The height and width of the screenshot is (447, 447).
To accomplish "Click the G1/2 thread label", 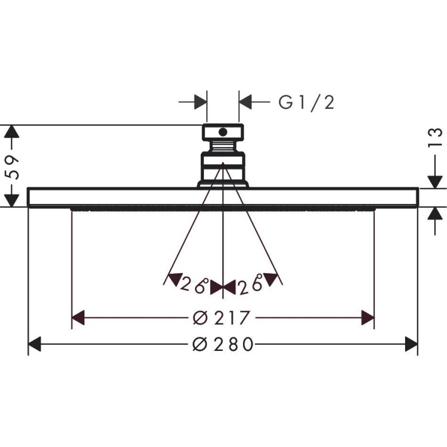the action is tap(306, 103).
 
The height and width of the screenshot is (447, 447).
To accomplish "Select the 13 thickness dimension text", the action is tap(436, 138).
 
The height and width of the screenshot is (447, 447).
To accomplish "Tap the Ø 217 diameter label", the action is tap(221, 317).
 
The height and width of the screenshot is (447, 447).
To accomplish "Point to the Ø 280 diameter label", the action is tap(223, 344).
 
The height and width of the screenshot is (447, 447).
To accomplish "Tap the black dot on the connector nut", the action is tap(222, 132).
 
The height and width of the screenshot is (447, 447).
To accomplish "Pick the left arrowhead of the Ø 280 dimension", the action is tap(35, 344).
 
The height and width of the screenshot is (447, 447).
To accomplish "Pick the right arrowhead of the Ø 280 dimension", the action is tap(411, 344).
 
